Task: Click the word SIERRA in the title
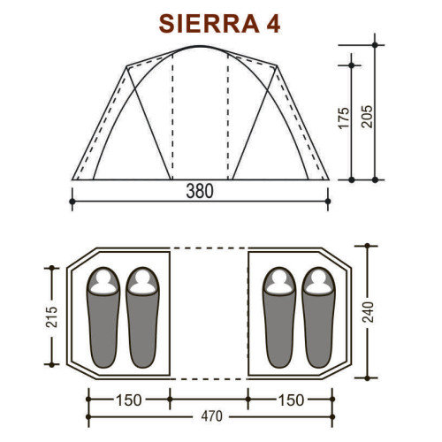click(x=210, y=24)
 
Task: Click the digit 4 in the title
click(x=273, y=24)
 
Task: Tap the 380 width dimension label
click(x=200, y=191)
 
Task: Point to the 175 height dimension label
click(x=344, y=118)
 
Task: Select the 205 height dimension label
click(x=367, y=117)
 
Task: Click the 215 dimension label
click(x=51, y=316)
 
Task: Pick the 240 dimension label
click(x=368, y=312)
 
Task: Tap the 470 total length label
click(x=212, y=416)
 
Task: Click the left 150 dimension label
click(x=129, y=400)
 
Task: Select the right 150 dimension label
click(x=291, y=400)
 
